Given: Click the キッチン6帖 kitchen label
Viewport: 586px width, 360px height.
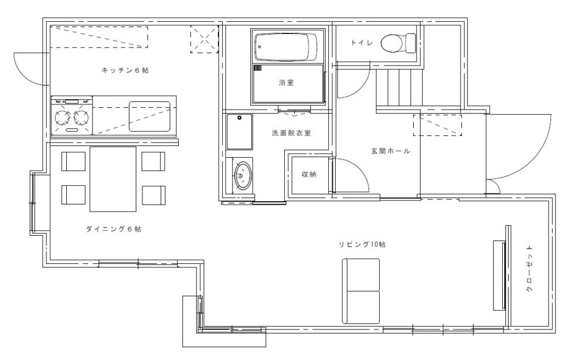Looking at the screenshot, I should point(125,70).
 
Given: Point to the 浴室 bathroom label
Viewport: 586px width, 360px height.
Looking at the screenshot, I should point(287,83).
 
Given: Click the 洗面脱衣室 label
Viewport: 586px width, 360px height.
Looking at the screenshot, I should point(291,133).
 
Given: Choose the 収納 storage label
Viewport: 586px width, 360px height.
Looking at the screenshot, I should point(309,174).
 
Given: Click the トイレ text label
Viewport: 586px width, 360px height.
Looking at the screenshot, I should point(362,43).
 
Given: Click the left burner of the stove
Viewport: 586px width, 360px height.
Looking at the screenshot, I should point(63,118).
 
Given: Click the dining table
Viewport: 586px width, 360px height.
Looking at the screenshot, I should point(113,178).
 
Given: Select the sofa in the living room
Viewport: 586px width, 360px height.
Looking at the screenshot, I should point(362,290).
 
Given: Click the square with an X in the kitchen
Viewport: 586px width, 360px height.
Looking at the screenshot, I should point(203,39).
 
